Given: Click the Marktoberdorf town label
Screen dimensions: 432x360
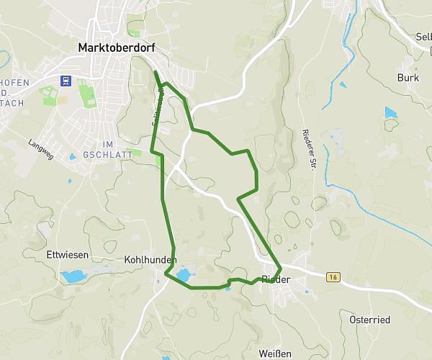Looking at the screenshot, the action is click(x=116, y=48).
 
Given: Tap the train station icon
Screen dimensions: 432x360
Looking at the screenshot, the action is click(x=66, y=81).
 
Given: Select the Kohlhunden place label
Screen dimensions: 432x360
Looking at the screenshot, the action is click(x=150, y=259).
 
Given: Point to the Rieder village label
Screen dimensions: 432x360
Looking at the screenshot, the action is click(x=276, y=279).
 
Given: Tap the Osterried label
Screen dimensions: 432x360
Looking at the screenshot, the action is click(x=369, y=320).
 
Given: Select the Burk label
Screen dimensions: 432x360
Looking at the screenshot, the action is click(x=408, y=78).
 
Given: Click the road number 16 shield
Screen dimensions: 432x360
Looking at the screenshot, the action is click(x=332, y=276).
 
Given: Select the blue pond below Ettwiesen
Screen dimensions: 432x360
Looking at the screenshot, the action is click(x=73, y=276).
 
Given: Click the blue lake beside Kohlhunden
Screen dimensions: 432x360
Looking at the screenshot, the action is click(x=184, y=274).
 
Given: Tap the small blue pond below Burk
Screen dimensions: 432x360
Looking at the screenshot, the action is click(x=390, y=112).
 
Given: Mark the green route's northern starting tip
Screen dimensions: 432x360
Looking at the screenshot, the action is click(x=156, y=72).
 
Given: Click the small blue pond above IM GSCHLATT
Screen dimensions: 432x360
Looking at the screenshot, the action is click(x=72, y=156).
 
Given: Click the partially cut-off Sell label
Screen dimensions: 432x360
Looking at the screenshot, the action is click(x=423, y=36).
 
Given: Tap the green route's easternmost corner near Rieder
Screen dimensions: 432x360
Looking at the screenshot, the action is click(x=279, y=266).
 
